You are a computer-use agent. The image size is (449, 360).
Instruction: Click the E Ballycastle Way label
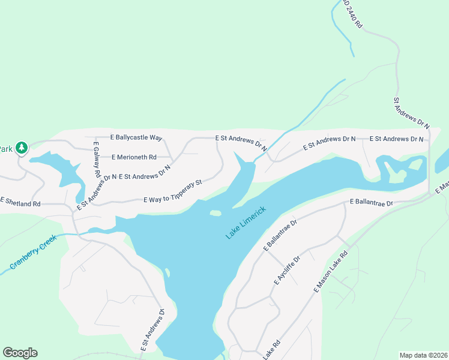pyautogui.click(x=137, y=138)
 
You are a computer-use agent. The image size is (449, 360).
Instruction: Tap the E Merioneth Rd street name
pyautogui.click(x=134, y=157)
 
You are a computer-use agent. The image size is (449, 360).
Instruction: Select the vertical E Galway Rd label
pyautogui.click(x=96, y=157)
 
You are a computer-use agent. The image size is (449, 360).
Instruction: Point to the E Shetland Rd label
pyautogui.click(x=20, y=204)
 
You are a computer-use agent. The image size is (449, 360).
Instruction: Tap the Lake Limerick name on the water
pyautogui.click(x=245, y=223)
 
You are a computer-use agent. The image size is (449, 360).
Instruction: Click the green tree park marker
pyautogui.click(x=22, y=148)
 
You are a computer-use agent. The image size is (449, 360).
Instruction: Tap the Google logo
pyautogui.click(x=20, y=353)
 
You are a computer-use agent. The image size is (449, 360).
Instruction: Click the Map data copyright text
pyautogui.click(x=423, y=355)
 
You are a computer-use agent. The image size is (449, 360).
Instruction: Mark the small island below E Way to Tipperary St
pyautogui.click(x=215, y=213)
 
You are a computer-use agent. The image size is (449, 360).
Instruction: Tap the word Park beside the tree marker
pyautogui.click(x=6, y=149)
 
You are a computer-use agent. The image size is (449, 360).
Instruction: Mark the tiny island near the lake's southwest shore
pyautogui.click(x=167, y=273)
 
